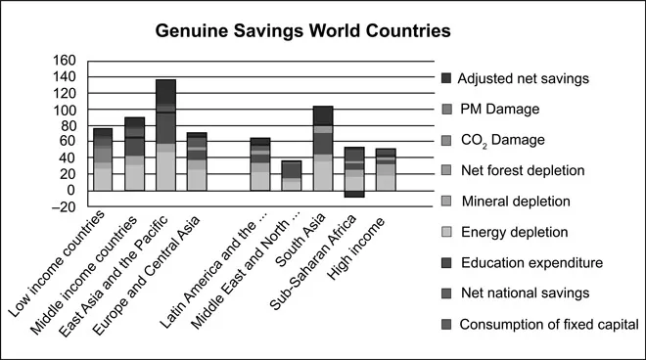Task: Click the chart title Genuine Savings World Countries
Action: tap(303, 30)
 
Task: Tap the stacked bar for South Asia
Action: tap(323, 148)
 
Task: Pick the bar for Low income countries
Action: tap(103, 159)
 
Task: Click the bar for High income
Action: tap(386, 169)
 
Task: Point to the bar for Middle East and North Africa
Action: tap(292, 175)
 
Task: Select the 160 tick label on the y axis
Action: tap(65, 61)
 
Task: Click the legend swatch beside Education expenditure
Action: tap(447, 263)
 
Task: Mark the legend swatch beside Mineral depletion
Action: tap(447, 202)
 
